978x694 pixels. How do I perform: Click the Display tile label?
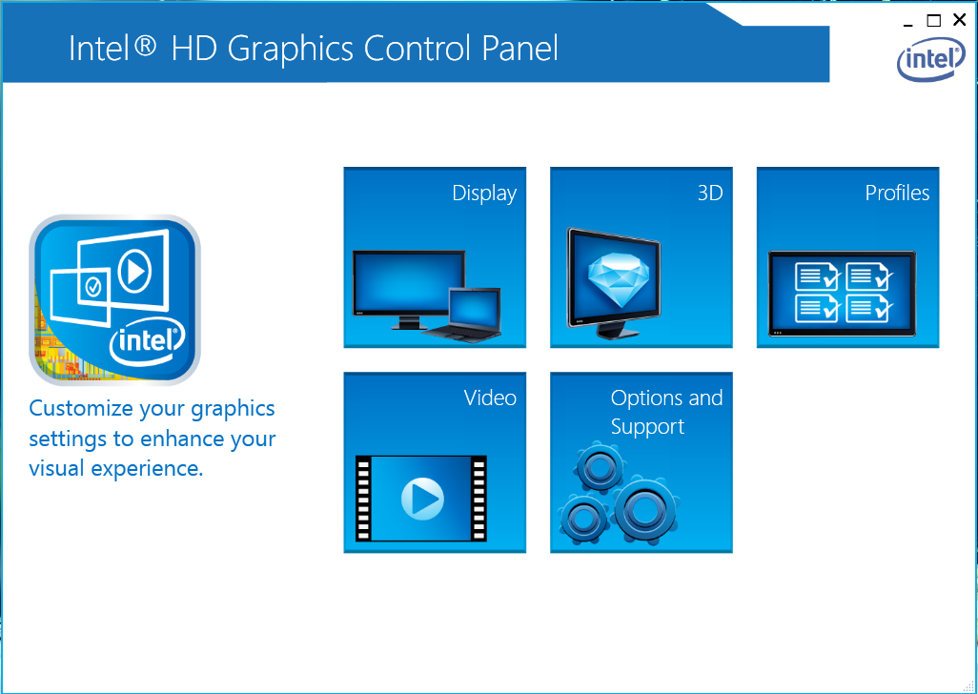click(484, 194)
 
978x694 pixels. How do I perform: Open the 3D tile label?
click(710, 194)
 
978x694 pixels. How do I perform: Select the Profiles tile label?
click(897, 194)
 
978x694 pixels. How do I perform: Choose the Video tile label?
click(490, 398)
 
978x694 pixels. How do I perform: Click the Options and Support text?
click(666, 412)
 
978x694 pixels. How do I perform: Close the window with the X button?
click(960, 20)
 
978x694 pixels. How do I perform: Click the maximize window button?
click(934, 20)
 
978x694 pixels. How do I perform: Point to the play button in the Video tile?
click(421, 498)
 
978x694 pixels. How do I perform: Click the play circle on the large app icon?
click(134, 273)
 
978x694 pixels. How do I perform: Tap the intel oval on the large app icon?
click(147, 340)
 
